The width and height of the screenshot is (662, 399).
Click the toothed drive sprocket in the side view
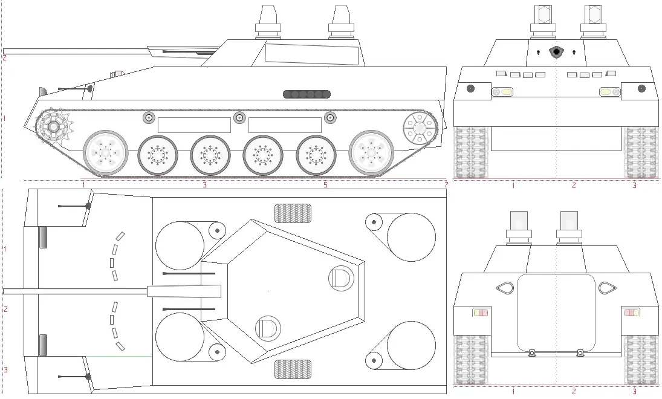(x=54, y=127)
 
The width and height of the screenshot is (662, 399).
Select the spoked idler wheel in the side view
(x=419, y=128)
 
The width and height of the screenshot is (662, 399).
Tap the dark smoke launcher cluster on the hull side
(x=307, y=94)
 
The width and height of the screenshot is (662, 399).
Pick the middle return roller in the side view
(x=239, y=117)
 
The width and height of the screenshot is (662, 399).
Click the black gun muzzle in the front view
(x=556, y=52)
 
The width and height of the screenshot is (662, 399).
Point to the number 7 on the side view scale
(x=446, y=184)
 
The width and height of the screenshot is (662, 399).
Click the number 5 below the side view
(x=325, y=184)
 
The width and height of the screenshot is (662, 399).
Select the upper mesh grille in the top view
(x=293, y=213)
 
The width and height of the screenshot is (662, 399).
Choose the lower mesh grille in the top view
(x=293, y=369)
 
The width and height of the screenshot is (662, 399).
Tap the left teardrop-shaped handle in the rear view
(x=504, y=288)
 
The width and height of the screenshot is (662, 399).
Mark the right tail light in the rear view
(x=631, y=313)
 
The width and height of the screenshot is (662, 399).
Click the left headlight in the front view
(x=504, y=92)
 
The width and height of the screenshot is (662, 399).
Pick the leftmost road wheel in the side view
(x=106, y=153)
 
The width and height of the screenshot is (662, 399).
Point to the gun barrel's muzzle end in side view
(x=5, y=51)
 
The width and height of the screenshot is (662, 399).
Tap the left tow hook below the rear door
(x=531, y=352)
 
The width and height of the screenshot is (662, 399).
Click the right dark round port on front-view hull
(x=641, y=89)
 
